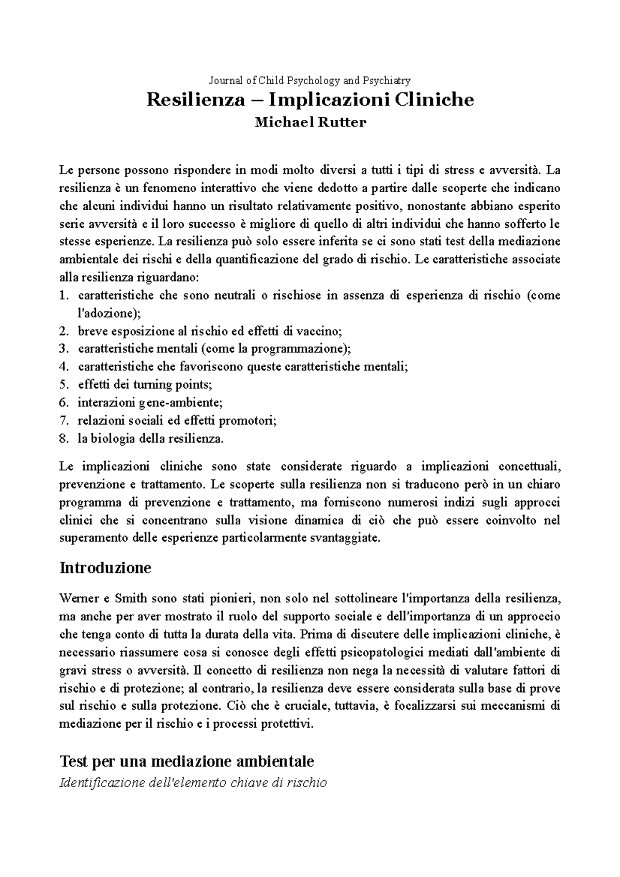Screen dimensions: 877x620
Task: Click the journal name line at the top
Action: (309, 80)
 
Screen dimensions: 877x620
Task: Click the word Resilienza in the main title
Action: (195, 99)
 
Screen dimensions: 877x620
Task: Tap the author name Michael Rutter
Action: (310, 122)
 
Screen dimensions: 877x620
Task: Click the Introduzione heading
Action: (105, 568)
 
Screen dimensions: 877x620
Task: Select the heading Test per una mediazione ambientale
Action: (187, 761)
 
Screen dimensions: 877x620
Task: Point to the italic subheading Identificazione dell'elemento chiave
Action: (193, 783)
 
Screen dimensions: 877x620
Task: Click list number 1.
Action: (64, 296)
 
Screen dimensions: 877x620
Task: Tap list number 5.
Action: (64, 385)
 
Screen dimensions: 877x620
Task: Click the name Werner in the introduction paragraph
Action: (78, 599)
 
